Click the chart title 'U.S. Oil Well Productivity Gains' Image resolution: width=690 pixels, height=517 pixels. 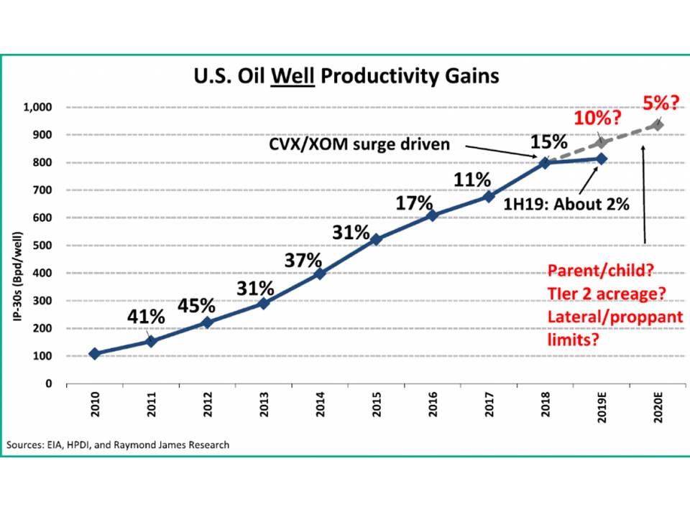[345, 76]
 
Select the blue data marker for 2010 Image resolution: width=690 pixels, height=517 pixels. [95, 353]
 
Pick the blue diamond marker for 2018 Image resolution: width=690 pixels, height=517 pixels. [545, 162]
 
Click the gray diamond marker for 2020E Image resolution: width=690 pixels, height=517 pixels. [657, 126]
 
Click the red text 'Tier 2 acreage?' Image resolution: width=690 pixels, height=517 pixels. [607, 294]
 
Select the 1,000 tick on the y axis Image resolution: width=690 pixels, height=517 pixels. [40, 108]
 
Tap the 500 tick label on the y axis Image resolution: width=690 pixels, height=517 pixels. [45, 246]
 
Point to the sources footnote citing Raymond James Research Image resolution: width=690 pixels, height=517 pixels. [119, 444]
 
